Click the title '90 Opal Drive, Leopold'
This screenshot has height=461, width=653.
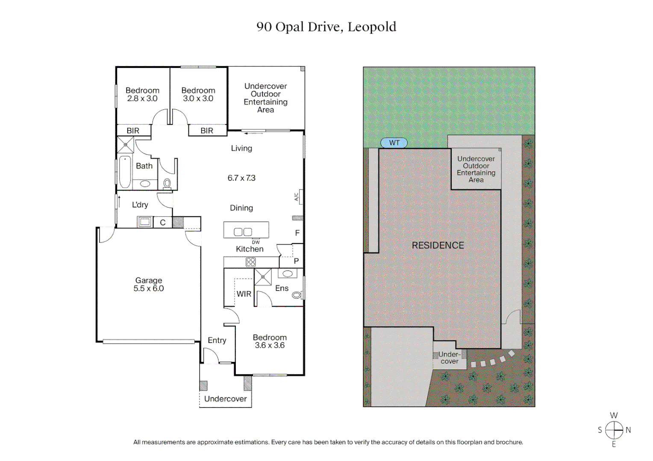pyautogui.click(x=326, y=27)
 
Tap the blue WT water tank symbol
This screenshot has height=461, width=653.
pyautogui.click(x=394, y=143)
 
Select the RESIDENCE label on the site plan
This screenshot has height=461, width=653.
pyautogui.click(x=438, y=245)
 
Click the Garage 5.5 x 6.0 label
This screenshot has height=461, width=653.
pyautogui.click(x=148, y=284)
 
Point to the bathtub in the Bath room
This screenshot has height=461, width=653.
pyautogui.click(x=125, y=172)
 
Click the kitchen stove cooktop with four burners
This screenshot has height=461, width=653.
pyautogui.click(x=251, y=262)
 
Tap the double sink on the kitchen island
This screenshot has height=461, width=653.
pyautogui.click(x=243, y=232)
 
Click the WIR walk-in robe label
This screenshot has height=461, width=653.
pyautogui.click(x=244, y=294)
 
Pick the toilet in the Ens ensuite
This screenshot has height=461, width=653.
pyautogui.click(x=297, y=295)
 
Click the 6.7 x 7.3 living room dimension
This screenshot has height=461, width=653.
pyautogui.click(x=241, y=178)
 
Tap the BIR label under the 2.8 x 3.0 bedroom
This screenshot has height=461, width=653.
pyautogui.click(x=133, y=131)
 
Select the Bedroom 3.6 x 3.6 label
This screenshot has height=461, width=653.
pyautogui.click(x=270, y=341)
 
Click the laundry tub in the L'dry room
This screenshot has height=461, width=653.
pyautogui.click(x=144, y=222)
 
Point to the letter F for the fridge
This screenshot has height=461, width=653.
pyautogui.click(x=297, y=233)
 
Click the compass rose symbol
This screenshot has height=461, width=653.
pyautogui.click(x=614, y=430)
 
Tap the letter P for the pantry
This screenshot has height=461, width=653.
pyautogui.click(x=296, y=261)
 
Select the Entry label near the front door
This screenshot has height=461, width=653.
pyautogui.click(x=217, y=340)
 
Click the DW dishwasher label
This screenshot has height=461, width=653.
pyautogui.click(x=256, y=242)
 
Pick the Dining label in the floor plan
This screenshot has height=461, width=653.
pyautogui.click(x=241, y=208)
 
